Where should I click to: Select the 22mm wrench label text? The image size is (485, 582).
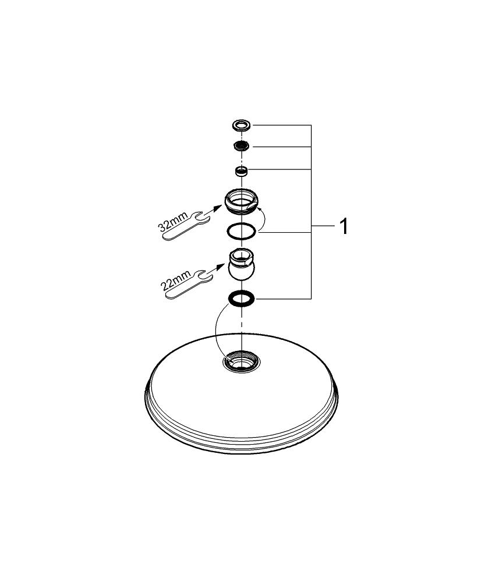point(175,281)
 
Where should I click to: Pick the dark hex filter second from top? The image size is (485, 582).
point(242,146)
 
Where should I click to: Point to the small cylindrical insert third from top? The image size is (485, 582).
point(242,171)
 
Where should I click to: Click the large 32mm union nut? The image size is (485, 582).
point(242,201)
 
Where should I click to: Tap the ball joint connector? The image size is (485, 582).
point(242,263)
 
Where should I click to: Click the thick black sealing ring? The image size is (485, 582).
point(242,299)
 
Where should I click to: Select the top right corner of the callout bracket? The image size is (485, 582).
point(311,126)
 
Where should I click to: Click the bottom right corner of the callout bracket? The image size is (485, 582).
point(311,299)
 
